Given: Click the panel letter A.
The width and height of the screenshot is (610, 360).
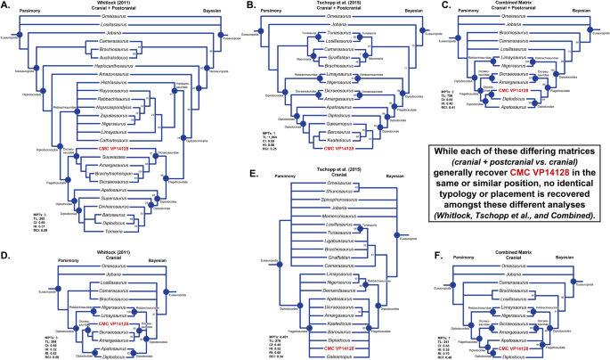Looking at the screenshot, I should [x=5, y=6].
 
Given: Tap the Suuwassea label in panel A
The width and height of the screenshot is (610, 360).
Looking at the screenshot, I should [x=86, y=152].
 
